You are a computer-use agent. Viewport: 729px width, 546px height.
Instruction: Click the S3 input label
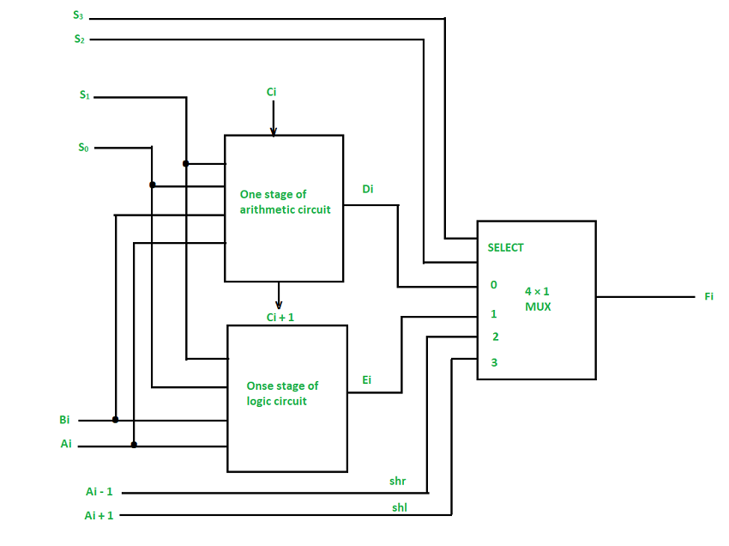coord(80,15)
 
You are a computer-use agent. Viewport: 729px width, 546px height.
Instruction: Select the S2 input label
coord(80,38)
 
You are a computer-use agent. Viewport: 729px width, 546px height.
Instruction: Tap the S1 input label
coord(84,95)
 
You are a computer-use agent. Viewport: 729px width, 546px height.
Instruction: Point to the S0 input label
coord(83,147)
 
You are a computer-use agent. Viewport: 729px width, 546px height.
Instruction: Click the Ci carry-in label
coord(271,91)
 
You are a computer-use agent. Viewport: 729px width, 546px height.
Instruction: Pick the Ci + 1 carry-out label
coord(281,317)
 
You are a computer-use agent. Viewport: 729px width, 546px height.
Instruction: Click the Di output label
coord(367,189)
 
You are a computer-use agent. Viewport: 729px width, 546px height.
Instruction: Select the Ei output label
coord(367,379)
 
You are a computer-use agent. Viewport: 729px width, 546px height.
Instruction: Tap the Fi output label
coord(708,296)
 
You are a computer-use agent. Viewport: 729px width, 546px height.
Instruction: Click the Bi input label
coord(64,421)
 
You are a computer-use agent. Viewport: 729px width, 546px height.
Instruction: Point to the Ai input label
coord(66,445)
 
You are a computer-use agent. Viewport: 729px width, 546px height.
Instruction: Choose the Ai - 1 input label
coord(99,492)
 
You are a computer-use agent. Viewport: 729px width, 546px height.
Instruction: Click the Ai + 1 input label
coord(99,515)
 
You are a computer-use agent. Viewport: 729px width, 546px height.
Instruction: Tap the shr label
coord(397,482)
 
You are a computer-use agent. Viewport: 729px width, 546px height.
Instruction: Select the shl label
coord(399,507)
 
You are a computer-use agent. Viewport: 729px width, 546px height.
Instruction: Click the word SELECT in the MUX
coord(505,247)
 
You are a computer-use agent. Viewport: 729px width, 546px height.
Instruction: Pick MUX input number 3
coord(494,363)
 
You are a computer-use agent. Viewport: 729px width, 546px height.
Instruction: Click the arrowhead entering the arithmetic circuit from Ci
coord(274,131)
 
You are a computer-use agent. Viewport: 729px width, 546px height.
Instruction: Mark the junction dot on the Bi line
coord(115,420)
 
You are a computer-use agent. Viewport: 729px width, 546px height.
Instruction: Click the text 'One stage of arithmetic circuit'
coord(285,202)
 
